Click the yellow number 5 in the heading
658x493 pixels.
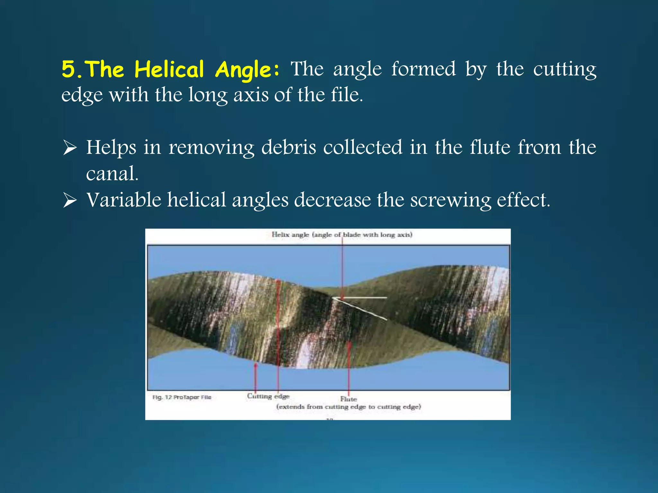pos(68,69)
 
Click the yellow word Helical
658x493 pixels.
pos(169,70)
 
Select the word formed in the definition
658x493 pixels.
pos(423,69)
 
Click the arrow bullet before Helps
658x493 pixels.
pos(70,148)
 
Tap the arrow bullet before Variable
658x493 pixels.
pos(70,200)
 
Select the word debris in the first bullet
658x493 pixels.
pos(289,148)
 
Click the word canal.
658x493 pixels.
pos(112,174)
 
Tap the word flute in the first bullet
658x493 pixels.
pos(490,148)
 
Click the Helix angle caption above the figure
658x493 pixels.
pos(342,235)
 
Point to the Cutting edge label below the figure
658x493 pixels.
pos(268,396)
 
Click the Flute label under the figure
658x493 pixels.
pos(349,399)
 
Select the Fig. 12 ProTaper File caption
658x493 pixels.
pos(182,397)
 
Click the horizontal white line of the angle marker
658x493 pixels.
pos(363,298)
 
